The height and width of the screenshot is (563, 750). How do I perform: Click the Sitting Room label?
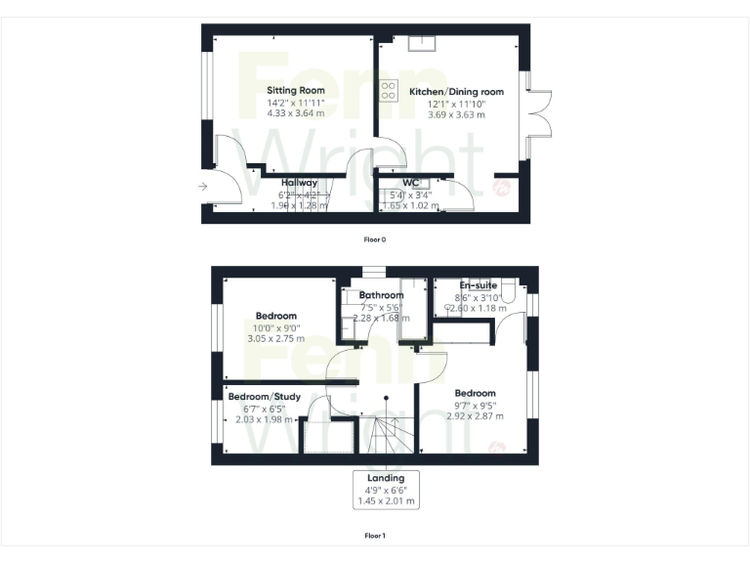[x=296, y=90]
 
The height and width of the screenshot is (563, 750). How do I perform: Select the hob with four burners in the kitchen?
[x=388, y=90]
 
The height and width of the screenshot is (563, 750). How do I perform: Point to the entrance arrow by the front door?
[x=202, y=186]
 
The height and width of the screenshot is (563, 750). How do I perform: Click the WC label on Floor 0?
[x=411, y=183]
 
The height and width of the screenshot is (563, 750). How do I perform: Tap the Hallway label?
[x=299, y=183]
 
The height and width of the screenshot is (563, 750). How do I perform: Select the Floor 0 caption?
[x=374, y=238]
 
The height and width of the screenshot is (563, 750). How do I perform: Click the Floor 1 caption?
[x=374, y=536]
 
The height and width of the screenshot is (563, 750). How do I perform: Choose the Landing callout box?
[x=386, y=489]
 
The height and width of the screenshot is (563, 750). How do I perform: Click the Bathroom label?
[x=381, y=295]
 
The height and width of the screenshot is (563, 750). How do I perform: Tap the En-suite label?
[x=479, y=285]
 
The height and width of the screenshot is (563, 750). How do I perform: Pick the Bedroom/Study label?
[x=264, y=396]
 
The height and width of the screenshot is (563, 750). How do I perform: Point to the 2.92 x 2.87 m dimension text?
[x=475, y=415]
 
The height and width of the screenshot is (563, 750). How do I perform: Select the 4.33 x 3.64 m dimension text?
[x=296, y=113]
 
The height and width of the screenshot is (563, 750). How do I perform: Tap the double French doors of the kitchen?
[x=539, y=115]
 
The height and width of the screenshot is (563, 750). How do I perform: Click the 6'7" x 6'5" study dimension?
[x=264, y=408]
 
